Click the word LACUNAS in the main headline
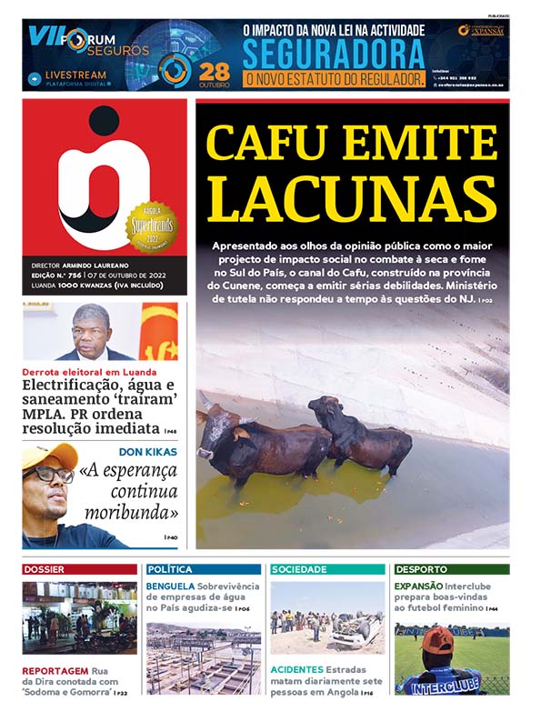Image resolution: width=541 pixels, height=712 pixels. [352, 198]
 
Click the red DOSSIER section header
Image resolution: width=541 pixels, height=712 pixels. [45, 569]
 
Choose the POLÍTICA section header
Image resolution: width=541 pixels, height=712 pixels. [168, 569]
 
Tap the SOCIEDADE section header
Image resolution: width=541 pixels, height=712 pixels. [299, 569]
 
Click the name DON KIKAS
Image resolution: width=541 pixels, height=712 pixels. [148, 451]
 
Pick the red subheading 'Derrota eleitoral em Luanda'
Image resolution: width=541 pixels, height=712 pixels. [89, 372]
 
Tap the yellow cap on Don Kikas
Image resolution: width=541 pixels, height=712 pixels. [47, 455]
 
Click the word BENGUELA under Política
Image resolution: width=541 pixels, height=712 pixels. [170, 587]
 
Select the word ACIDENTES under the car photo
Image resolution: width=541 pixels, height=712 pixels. [296, 669]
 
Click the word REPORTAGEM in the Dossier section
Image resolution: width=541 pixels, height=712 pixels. [55, 669]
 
